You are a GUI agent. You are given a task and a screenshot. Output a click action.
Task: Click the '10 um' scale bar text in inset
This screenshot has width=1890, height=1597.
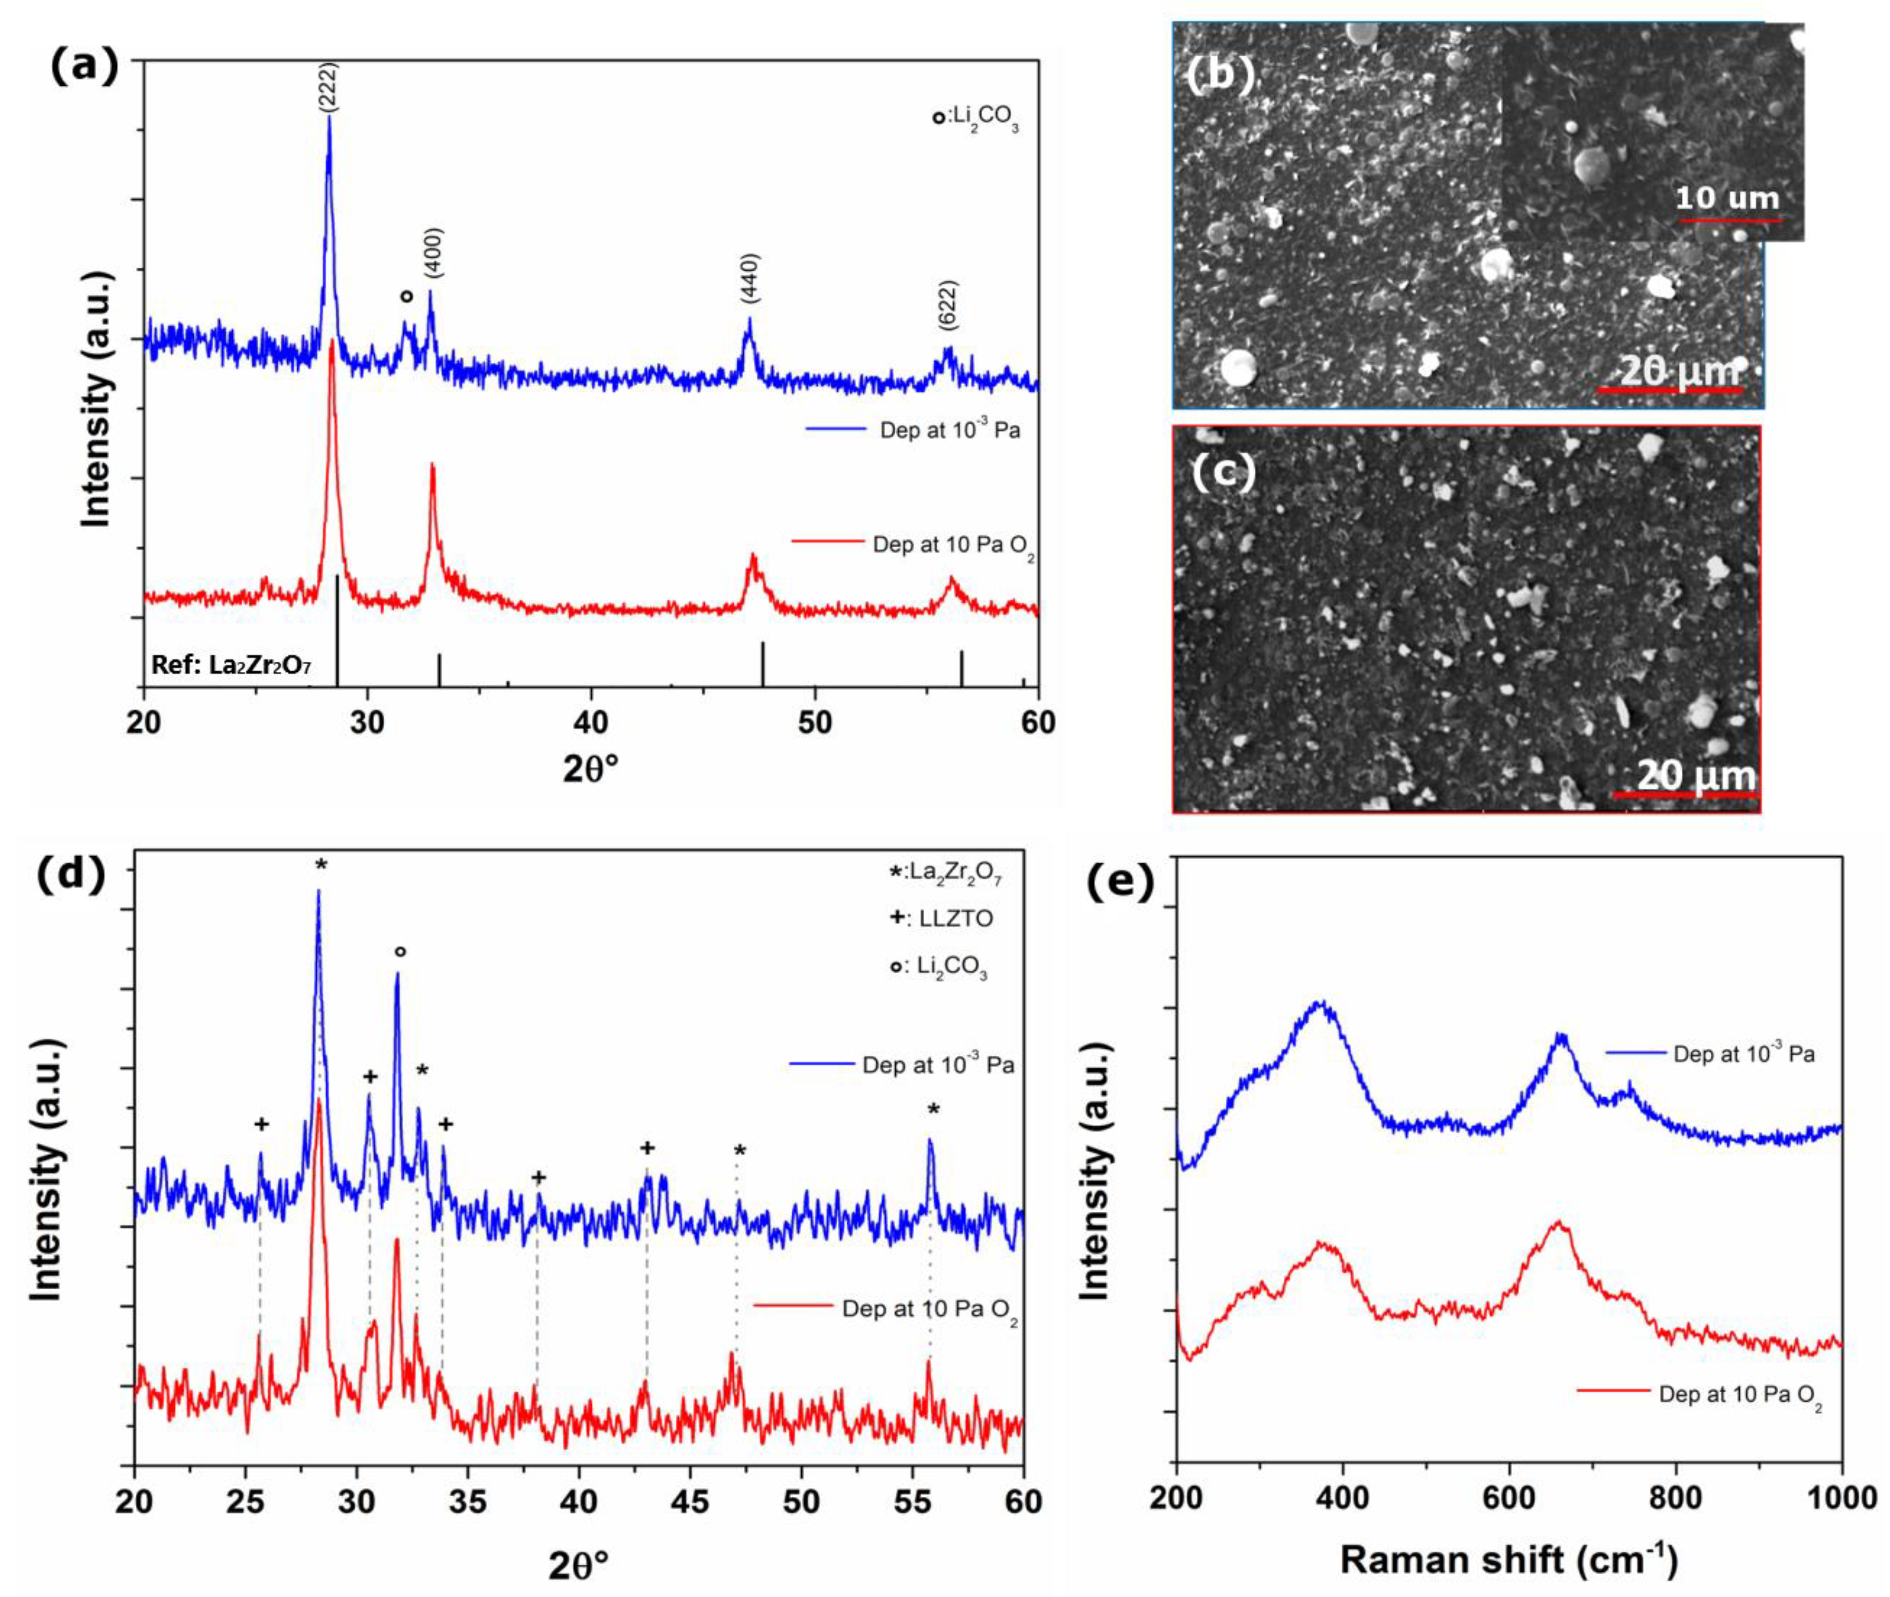pyautogui.click(x=1727, y=198)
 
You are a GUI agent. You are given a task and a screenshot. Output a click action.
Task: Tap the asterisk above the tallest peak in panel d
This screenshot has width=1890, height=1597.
pyautogui.click(x=321, y=866)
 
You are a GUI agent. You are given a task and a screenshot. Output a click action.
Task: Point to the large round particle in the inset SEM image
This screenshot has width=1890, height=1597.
pyautogui.click(x=1591, y=166)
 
